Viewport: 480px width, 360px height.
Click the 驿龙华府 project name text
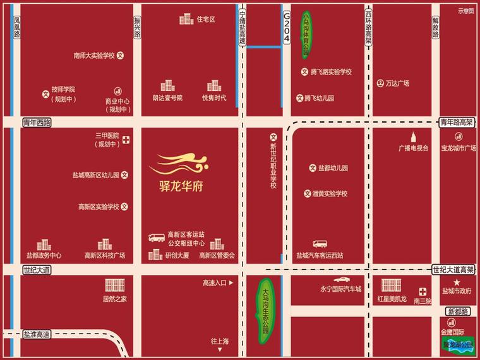pyautogui.click(x=177, y=187)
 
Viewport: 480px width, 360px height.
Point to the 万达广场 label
pyautogui.click(x=397, y=83)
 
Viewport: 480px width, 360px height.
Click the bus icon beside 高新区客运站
pyautogui.click(x=156, y=237)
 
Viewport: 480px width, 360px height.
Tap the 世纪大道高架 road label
pyautogui.click(x=453, y=270)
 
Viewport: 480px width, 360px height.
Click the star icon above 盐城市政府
pyautogui.click(x=457, y=281)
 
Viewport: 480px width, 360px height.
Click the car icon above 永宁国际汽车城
pyautogui.click(x=340, y=279)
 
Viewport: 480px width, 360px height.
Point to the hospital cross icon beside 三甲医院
pyautogui.click(x=126, y=140)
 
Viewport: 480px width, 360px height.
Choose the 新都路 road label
pyautogui.click(x=458, y=311)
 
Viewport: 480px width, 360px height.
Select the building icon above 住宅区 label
pyautogui.click(x=186, y=20)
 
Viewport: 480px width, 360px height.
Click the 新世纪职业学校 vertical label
pyautogui.click(x=273, y=163)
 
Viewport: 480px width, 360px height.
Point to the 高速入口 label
pyautogui.click(x=214, y=283)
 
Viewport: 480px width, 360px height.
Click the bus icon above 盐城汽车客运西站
pyautogui.click(x=320, y=244)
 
